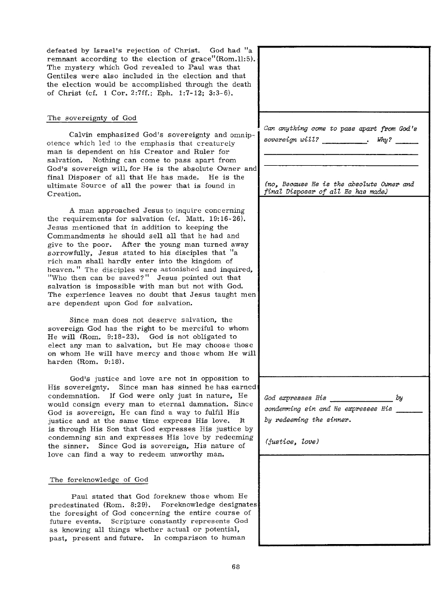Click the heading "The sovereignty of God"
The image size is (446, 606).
click(92, 118)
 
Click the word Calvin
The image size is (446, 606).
click(83, 134)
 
